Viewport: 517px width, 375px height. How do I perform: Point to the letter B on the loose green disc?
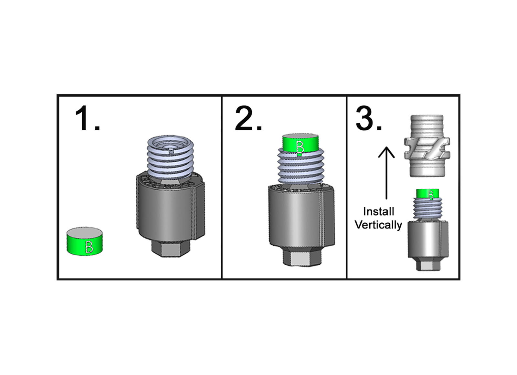89,247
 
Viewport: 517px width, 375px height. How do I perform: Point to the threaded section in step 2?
301,168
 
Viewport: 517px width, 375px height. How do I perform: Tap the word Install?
378,212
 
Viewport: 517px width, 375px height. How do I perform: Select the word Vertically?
378,225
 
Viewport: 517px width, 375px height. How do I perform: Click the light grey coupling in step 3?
427,146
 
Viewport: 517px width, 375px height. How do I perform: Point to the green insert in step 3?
428,194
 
